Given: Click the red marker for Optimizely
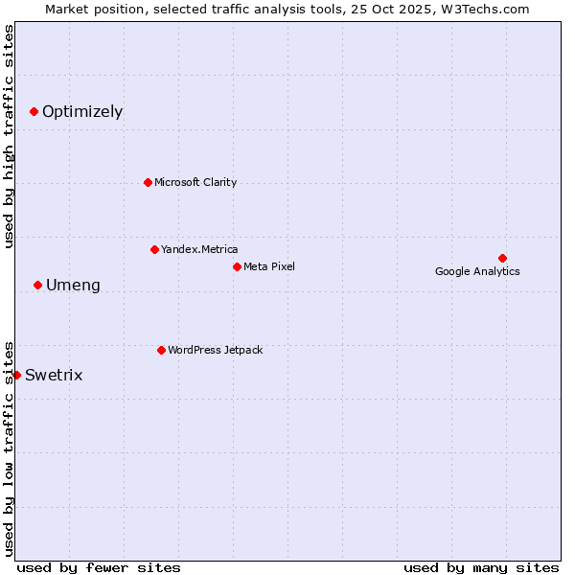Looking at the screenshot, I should (x=34, y=111).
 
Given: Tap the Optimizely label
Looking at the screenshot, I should (x=82, y=112).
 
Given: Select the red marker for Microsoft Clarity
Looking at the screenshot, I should (x=148, y=182).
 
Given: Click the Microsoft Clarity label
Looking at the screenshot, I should (x=195, y=182).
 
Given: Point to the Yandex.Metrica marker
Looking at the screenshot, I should (x=154, y=249).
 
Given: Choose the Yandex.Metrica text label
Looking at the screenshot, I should (x=199, y=249).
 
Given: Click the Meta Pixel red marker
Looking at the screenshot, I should (x=237, y=266).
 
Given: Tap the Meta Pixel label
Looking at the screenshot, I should (x=269, y=266).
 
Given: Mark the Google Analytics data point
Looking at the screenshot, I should (x=502, y=258).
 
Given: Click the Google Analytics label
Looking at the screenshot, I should (x=477, y=271).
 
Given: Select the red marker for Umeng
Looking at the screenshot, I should (x=37, y=285).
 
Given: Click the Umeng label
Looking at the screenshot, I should (x=73, y=286).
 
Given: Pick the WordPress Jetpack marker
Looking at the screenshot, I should (x=161, y=350).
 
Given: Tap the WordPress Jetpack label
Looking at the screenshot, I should (x=215, y=350).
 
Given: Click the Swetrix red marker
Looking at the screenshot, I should (x=16, y=375).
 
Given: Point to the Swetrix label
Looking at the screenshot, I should (x=54, y=375).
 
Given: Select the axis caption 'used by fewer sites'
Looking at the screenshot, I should (x=99, y=567).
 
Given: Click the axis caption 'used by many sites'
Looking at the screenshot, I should (x=481, y=567).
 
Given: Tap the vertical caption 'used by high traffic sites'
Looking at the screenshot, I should (x=9, y=136).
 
